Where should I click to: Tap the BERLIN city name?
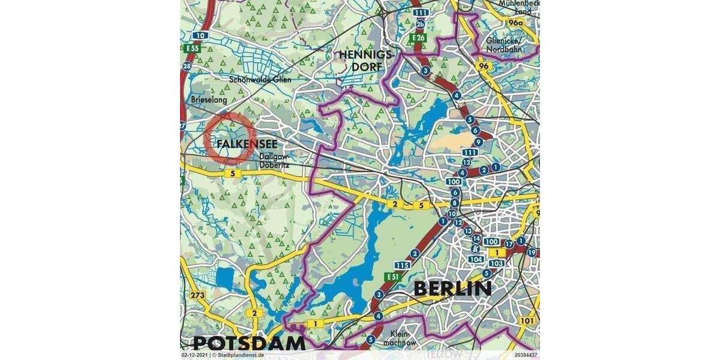[x=453, y=289]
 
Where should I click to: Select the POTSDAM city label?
[x=249, y=343]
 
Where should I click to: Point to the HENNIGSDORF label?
[x=360, y=61]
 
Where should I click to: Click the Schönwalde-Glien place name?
[x=259, y=79]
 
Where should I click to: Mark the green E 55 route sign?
[x=192, y=48]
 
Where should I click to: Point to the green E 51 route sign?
[x=393, y=276]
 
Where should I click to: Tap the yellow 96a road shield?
[x=514, y=23]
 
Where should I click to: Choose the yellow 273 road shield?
[x=197, y=295]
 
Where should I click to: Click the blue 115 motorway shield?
[x=403, y=265]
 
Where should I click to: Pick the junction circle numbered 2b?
[x=421, y=24]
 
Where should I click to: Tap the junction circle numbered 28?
[x=187, y=66]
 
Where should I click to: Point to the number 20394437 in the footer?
[x=526, y=355]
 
